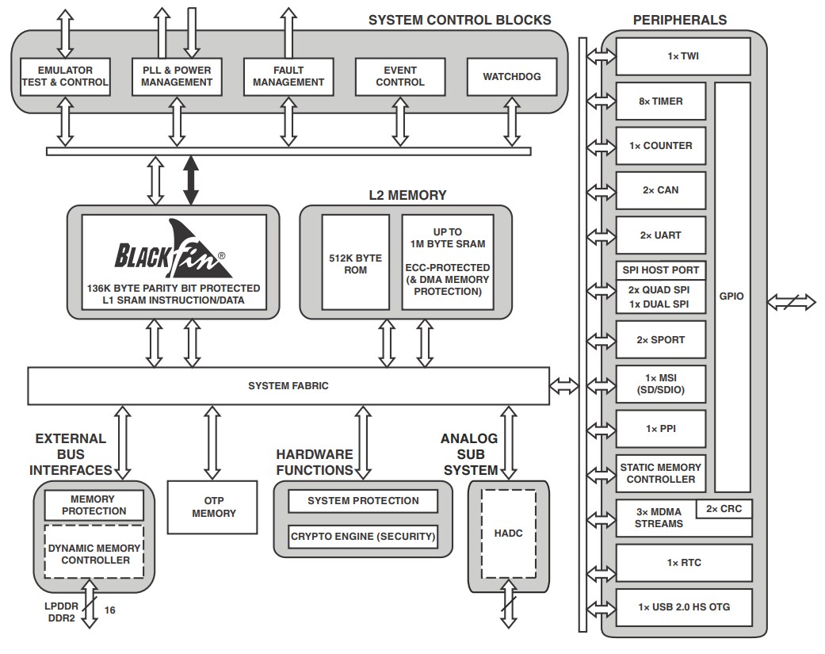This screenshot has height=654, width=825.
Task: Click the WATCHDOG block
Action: click(x=512, y=77)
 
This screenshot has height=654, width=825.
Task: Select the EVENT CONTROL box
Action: click(x=399, y=77)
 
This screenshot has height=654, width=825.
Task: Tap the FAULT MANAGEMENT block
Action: click(x=288, y=77)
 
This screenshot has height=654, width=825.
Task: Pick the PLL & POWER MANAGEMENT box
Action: click(x=177, y=77)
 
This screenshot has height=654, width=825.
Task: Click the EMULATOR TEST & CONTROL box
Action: click(x=65, y=77)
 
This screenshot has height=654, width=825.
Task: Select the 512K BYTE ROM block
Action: click(x=355, y=264)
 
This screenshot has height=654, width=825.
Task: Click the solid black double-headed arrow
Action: click(x=191, y=181)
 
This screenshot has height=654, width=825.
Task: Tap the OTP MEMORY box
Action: click(x=214, y=507)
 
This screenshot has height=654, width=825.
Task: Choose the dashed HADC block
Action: click(x=508, y=534)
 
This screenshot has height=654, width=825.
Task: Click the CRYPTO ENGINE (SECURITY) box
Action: click(x=363, y=537)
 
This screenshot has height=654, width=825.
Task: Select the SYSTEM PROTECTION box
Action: click(x=363, y=501)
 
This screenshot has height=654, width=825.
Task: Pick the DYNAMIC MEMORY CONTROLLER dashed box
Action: click(x=94, y=553)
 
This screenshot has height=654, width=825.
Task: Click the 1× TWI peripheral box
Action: click(x=683, y=56)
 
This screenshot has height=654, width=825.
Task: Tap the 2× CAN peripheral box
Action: click(x=659, y=190)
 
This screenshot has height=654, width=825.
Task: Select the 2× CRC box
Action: click(x=724, y=509)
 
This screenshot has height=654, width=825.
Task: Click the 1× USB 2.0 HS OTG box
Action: click(x=683, y=607)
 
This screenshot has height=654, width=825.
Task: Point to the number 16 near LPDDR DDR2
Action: click(x=110, y=610)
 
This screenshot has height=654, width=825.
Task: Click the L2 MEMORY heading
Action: click(x=407, y=195)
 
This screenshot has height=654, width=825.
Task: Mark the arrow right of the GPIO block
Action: click(x=791, y=301)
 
